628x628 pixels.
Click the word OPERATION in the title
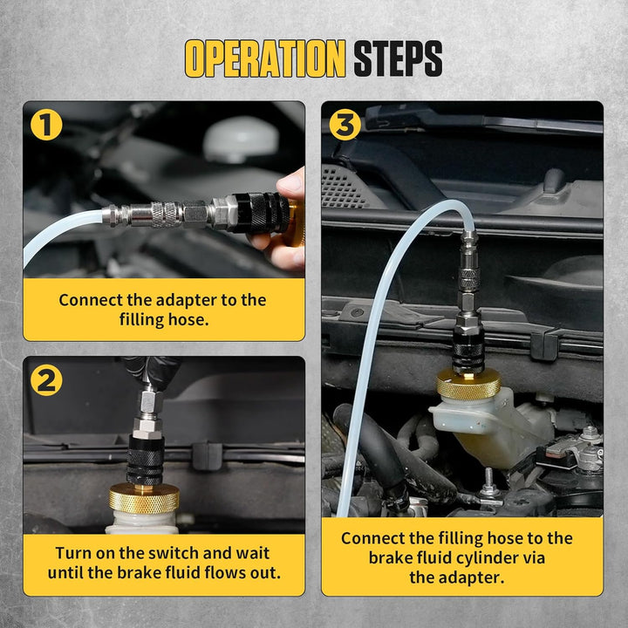(x=265, y=58)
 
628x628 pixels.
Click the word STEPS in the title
(x=398, y=58)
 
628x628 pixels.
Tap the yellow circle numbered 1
(x=46, y=125)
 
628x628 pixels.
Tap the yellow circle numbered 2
(x=46, y=380)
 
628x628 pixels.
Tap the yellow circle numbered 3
(x=345, y=125)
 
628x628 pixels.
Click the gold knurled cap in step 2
(x=144, y=498)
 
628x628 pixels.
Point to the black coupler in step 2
(x=146, y=460)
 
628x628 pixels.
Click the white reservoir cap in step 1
(x=241, y=139)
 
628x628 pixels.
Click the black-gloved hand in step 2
(x=151, y=372)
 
